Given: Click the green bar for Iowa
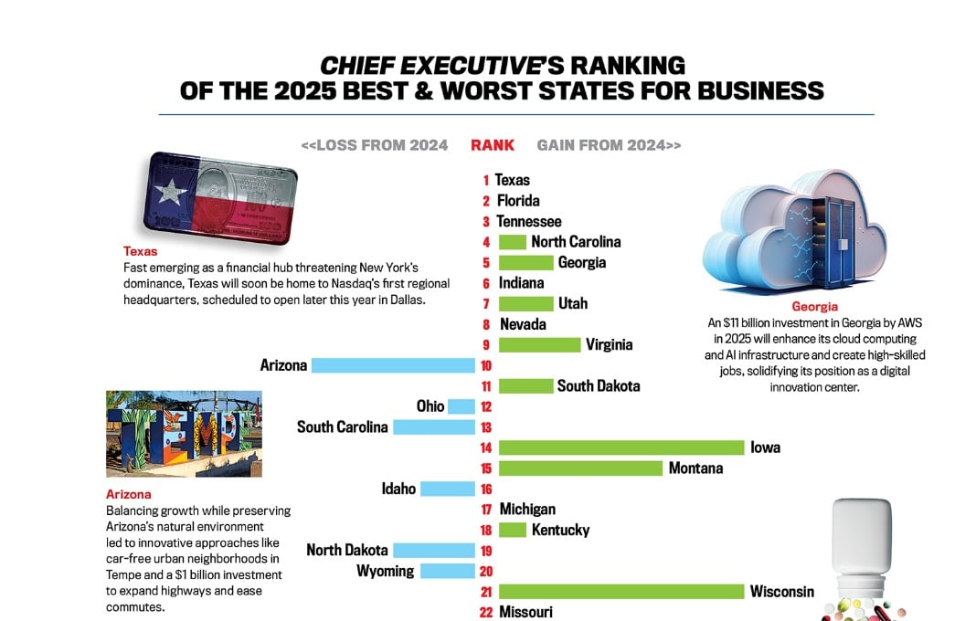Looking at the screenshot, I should (621, 447).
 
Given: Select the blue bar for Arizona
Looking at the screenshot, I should (393, 365).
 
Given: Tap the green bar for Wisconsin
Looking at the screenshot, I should (621, 592).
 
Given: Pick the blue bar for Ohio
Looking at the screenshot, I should (461, 406).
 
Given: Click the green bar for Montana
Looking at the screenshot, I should (580, 468).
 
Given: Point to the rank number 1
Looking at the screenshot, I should (486, 181).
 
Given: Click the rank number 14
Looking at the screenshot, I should (485, 447).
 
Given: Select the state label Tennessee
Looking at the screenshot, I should (529, 221).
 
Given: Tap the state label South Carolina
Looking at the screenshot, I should (343, 426).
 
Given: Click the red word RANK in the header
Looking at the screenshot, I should (493, 145).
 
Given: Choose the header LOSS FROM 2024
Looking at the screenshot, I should (375, 145).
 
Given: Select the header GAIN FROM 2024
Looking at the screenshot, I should (609, 145).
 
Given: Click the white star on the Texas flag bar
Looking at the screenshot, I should (171, 191).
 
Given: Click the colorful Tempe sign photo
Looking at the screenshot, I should (184, 434).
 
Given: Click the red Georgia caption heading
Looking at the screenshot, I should (815, 307).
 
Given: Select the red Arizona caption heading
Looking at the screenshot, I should (127, 494).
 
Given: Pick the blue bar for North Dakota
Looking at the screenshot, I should (434, 551).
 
